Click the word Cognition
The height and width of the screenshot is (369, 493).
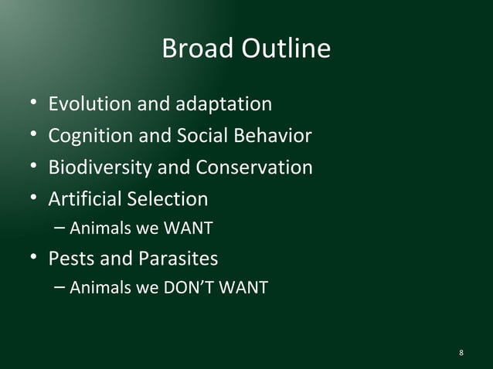[x=90, y=136]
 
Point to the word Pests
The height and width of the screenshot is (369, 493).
[x=72, y=257]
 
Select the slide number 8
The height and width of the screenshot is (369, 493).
[x=461, y=354]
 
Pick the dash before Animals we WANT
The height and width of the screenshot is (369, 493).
[x=61, y=229]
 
